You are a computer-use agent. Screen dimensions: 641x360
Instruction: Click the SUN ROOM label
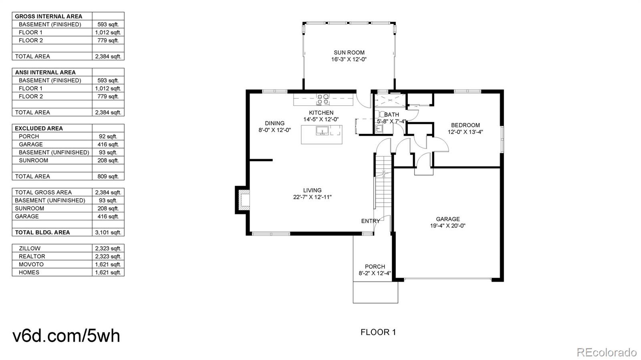pos(349,52)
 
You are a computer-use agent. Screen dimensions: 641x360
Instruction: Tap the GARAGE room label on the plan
pos(448,219)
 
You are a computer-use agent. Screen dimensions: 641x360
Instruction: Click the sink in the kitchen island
pos(322,131)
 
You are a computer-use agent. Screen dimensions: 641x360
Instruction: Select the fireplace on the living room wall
pos(242,200)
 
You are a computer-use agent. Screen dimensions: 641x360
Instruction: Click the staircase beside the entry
pos(383,183)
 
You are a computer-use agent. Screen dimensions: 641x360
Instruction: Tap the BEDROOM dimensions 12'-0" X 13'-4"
pos(465,132)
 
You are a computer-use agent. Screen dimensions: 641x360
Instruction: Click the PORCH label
pos(375,267)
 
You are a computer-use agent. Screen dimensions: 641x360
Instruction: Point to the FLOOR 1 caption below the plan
pos(378,332)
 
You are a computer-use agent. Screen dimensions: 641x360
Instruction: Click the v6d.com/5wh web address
pos(66,336)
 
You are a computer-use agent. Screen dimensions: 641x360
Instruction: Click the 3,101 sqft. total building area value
pos(108,233)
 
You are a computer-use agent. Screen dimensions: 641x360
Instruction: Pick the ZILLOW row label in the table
pos(30,249)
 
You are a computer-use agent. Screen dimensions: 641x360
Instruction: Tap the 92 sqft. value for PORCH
pos(108,137)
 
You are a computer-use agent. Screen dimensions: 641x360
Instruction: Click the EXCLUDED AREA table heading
pos(38,129)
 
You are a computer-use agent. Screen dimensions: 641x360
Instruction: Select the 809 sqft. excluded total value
pos(108,177)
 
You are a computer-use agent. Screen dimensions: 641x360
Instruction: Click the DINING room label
pos(275,123)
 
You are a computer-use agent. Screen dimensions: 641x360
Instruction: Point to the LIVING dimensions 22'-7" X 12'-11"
pos(312,197)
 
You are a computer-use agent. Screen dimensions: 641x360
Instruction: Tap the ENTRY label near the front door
pos(371,221)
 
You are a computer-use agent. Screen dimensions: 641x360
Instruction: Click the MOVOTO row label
pos(31,265)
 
